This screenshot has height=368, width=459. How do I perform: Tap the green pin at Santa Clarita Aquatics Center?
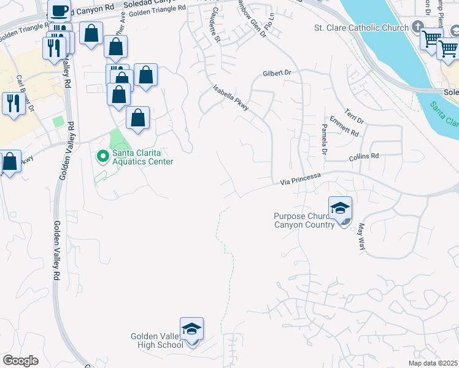point(102,158)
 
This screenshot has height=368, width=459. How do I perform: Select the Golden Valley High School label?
point(157,340)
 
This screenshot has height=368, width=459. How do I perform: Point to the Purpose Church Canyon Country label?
point(304,220)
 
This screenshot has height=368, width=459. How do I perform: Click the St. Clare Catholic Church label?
point(360,28)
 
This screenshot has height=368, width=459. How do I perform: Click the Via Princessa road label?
point(301,179)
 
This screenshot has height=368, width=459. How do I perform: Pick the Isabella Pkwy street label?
point(231,98)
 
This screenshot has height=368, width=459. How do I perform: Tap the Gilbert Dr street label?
point(276,72)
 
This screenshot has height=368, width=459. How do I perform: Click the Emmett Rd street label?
point(344,126)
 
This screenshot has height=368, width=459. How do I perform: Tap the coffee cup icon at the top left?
point(60,10)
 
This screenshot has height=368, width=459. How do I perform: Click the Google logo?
point(21,361)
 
